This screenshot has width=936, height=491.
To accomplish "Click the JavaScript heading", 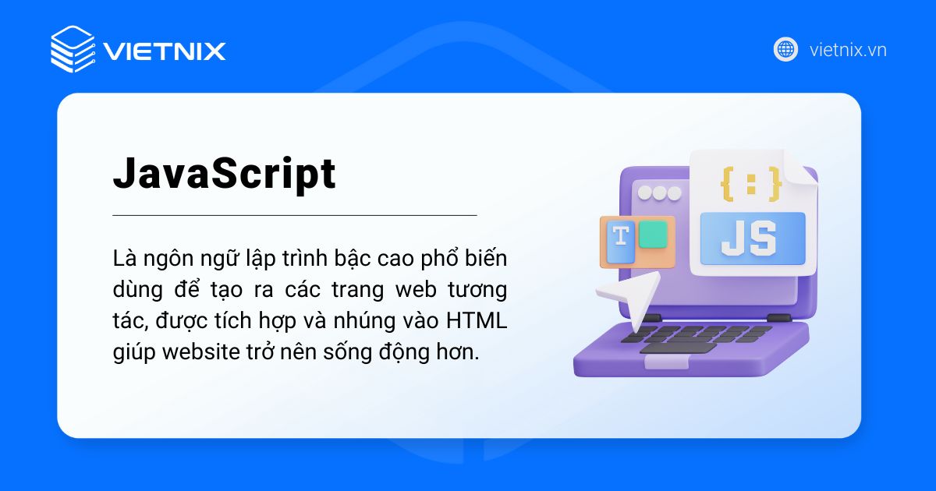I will (x=225, y=175).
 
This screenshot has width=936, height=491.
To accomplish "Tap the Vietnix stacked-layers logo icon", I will (x=73, y=49).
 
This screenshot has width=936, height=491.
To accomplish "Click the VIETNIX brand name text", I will (x=165, y=51).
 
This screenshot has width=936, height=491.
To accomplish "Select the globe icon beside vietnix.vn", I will (x=785, y=49).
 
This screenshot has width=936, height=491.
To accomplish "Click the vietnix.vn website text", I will (x=848, y=50).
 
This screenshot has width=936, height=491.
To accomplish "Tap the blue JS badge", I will (x=752, y=238).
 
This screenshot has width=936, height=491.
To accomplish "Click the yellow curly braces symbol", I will (x=750, y=183).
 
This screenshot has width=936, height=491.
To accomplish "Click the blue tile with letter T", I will (x=621, y=242).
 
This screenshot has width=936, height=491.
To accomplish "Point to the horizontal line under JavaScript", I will (x=294, y=214).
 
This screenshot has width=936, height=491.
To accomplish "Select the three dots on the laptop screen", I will (x=660, y=192).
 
